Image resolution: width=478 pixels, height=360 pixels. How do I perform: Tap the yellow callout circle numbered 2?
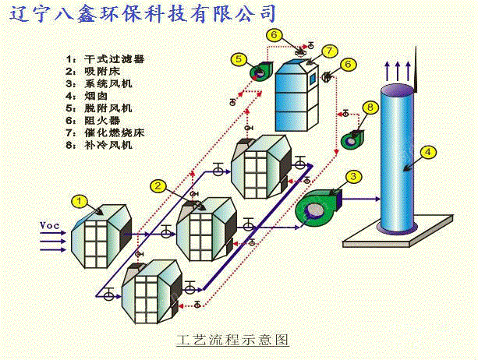[x=158, y=185]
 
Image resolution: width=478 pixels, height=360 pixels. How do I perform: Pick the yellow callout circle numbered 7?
[x=329, y=51]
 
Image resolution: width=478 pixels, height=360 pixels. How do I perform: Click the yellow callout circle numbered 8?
[x=371, y=107]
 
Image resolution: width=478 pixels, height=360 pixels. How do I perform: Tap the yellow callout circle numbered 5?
[x=239, y=57]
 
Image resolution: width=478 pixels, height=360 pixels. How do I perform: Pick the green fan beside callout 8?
[x=353, y=138]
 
